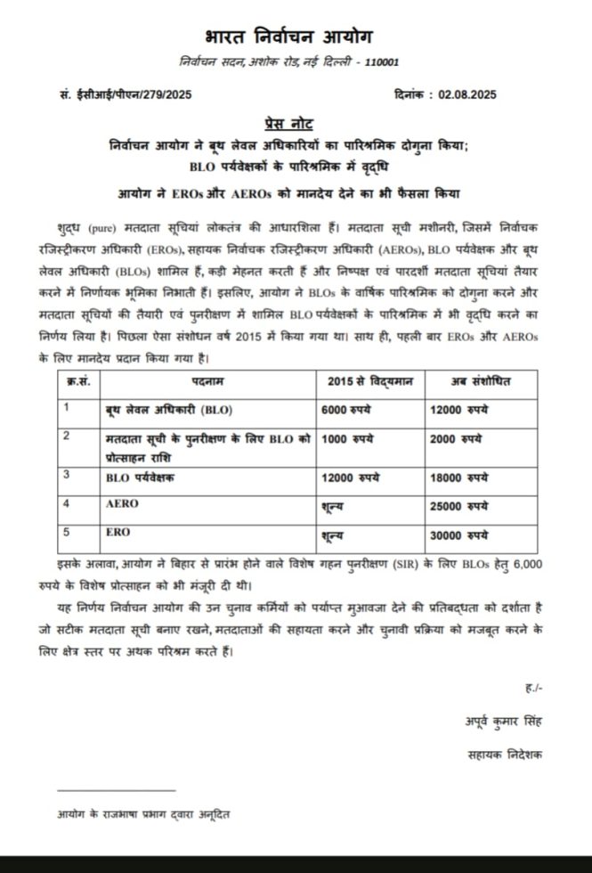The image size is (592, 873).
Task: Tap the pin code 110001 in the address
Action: (379, 63)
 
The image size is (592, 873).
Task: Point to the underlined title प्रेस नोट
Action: (289, 122)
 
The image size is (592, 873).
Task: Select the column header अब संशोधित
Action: (482, 382)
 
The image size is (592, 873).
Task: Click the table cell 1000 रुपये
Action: (346, 439)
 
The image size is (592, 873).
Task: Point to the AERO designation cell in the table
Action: (119, 504)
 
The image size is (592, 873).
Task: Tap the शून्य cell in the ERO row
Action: (331, 537)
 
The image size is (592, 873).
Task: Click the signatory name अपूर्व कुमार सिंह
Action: (505, 720)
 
